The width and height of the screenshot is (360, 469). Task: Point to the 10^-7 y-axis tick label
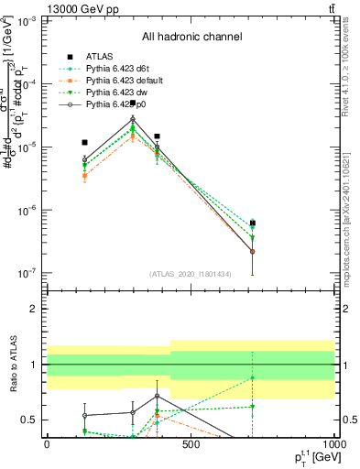point(27,273)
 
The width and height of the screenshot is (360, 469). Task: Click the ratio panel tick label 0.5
point(30,420)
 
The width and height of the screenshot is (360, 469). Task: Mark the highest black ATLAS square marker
point(133,103)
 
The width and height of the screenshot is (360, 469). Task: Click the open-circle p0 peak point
point(133,119)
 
